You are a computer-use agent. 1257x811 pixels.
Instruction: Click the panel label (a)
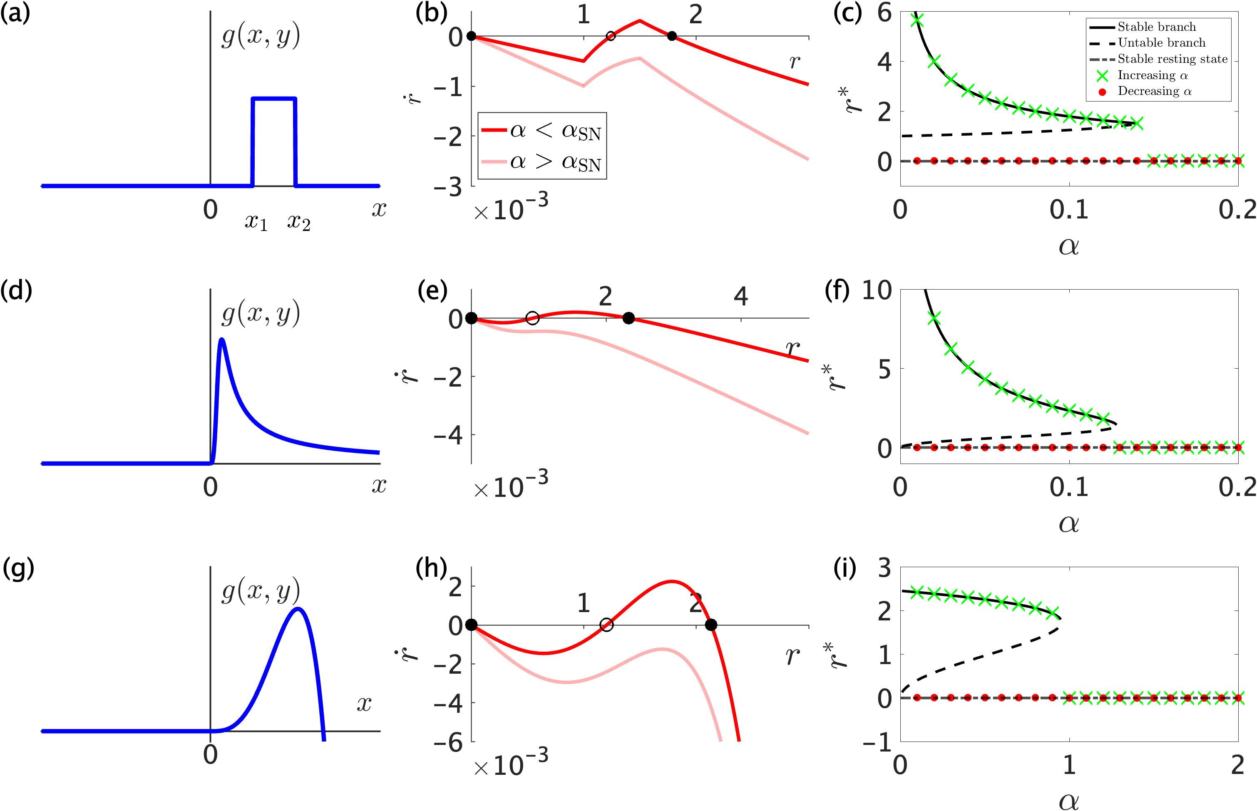[15, 12]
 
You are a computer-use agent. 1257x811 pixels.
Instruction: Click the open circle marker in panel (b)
[610, 36]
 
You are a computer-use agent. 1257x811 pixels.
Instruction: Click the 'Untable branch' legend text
[1161, 43]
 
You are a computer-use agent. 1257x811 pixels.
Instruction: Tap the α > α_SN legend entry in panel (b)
[555, 162]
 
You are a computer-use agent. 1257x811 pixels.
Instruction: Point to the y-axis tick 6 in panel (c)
[885, 12]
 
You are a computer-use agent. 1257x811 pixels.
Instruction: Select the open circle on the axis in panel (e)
[532, 318]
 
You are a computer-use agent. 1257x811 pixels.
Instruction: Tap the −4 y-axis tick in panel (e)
[447, 435]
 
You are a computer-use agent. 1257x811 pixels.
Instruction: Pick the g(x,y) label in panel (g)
[261, 591]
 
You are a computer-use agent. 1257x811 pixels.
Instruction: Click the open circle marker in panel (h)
[606, 625]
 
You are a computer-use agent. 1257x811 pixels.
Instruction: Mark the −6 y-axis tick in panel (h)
[447, 742]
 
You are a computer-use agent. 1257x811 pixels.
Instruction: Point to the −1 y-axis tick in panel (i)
[877, 742]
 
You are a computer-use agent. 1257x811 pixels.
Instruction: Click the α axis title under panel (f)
[1068, 523]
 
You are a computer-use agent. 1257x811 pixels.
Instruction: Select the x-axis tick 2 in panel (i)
[1237, 765]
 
